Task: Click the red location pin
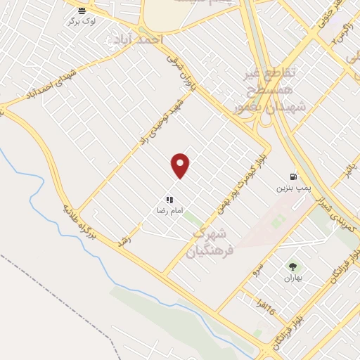(181, 165)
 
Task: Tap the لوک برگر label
(83, 21)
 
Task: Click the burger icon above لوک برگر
(82, 10)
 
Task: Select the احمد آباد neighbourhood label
(141, 39)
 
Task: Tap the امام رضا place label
(169, 210)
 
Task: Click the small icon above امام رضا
(169, 200)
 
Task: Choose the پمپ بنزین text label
(292, 188)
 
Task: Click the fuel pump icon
(292, 176)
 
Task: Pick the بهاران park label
(292, 278)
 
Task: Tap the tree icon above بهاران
(292, 266)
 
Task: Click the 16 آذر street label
(266, 307)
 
